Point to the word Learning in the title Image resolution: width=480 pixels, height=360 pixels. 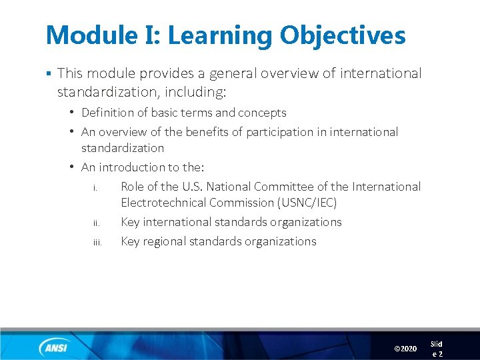pyautogui.click(x=220, y=35)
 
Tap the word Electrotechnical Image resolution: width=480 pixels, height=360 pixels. pyautogui.click(x=163, y=203)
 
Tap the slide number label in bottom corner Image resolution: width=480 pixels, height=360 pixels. pyautogui.click(x=437, y=349)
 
